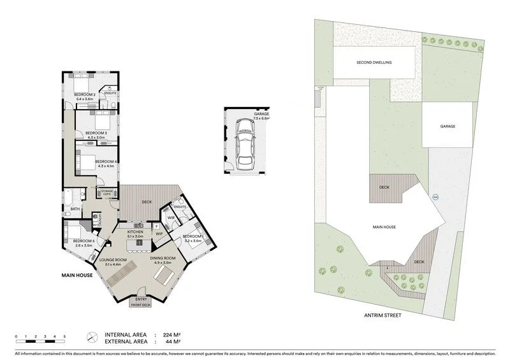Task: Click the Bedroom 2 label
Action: (86, 95)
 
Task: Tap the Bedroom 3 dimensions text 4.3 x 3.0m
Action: (96, 137)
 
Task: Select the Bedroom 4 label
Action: (106, 161)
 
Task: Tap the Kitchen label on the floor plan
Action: (139, 231)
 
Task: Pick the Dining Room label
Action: (162, 257)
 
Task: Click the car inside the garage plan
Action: (244, 143)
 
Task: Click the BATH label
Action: (75, 208)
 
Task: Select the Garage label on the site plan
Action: (448, 127)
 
